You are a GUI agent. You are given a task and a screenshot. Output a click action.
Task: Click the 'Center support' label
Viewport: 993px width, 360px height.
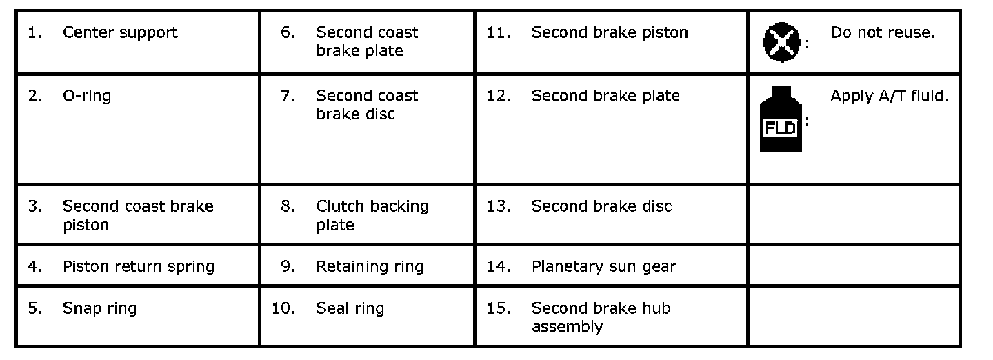coord(120,33)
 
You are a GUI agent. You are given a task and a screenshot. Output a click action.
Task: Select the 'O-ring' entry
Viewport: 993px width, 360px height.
coord(87,97)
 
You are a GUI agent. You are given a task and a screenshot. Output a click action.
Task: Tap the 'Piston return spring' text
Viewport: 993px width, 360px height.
coord(139,267)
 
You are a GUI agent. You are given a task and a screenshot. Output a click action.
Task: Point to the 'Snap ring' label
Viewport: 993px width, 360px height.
coord(100,308)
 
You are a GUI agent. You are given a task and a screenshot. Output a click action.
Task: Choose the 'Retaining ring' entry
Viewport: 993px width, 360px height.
coord(370,267)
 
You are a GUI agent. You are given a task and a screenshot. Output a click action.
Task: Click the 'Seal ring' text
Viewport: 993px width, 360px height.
coord(350,308)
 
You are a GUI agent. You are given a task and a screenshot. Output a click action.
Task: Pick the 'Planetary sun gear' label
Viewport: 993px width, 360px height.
coord(604,267)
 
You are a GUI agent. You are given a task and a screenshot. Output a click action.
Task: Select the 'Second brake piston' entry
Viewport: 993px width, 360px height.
coord(610,33)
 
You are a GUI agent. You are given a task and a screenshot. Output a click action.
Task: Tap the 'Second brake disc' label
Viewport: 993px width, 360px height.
coord(601,207)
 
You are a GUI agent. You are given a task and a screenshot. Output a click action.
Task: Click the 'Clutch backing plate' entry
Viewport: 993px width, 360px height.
coord(372,216)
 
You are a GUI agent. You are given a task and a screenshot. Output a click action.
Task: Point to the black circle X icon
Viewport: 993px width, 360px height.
coord(781,43)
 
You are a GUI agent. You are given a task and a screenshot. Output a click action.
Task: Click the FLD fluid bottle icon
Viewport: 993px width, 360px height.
coord(781,119)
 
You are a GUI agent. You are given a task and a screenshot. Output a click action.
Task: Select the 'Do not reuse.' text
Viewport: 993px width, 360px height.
coord(882,33)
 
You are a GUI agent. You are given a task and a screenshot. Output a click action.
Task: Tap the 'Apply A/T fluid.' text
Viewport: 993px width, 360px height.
coord(890,97)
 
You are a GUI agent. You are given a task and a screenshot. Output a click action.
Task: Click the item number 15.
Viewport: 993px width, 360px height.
coord(499,308)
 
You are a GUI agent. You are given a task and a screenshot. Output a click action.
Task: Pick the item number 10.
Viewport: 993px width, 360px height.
coord(283,308)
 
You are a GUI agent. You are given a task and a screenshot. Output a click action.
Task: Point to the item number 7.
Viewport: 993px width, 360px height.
coord(288,97)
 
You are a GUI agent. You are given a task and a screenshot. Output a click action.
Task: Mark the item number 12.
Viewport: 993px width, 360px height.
coord(499,97)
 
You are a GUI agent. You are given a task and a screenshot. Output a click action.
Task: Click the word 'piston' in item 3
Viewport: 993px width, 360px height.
coord(86,226)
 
